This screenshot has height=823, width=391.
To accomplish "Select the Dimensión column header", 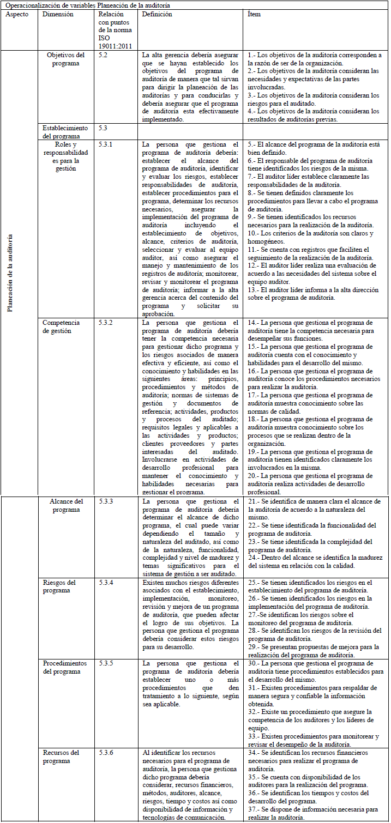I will pos(58,14).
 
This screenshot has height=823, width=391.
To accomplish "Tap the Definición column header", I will pos(157,14).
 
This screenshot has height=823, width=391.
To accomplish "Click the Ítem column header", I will pos(254,14).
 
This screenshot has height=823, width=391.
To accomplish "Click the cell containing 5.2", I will pos(104,55).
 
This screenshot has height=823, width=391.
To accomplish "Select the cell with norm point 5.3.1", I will pos(106,144).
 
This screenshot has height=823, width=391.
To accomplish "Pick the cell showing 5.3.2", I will pos(106,323).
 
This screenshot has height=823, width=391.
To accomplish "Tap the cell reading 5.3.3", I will pos(106,501).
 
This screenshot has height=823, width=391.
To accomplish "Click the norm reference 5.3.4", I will pos(106,583).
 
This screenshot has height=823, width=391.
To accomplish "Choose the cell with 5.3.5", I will pos(106,663).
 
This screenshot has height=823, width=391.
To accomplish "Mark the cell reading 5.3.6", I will pos(106,753).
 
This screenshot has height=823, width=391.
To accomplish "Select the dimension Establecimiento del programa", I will pos(65,132).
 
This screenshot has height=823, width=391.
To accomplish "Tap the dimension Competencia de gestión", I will pos(61,326).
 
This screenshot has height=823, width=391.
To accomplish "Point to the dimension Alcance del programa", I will pos(65,505).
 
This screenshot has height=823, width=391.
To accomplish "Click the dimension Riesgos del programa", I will pos(59,586).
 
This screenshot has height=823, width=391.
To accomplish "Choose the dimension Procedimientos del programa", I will pos(65,667).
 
